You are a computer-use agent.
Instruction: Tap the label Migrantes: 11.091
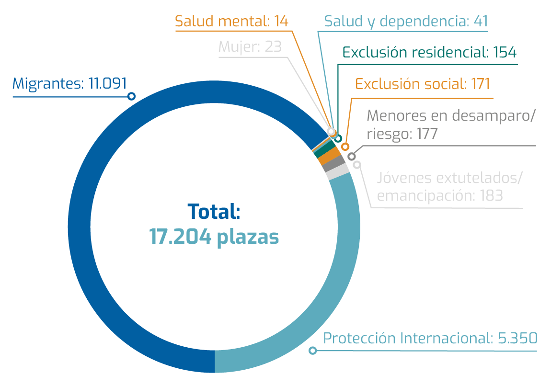coord(69,83)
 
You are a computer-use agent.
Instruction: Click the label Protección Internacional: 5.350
coord(430,338)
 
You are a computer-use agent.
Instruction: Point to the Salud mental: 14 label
coord(231,22)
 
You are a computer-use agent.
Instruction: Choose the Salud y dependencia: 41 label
coord(406,22)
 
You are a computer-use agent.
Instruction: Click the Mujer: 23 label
coord(250,46)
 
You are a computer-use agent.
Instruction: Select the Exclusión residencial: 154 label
coord(430,52)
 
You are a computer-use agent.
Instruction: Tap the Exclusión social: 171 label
coord(423,84)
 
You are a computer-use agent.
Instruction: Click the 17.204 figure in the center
coord(180,237)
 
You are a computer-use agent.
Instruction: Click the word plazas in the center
coord(248,237)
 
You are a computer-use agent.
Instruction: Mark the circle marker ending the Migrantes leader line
coord(131,96)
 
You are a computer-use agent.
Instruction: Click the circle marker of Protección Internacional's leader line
coord(313,351)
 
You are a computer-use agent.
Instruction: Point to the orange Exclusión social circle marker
coord(344,147)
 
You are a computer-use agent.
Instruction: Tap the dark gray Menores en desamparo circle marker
coord(352,156)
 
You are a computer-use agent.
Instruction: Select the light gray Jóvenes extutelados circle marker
coord(357,165)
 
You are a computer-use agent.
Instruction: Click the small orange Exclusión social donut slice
coord(328,156)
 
